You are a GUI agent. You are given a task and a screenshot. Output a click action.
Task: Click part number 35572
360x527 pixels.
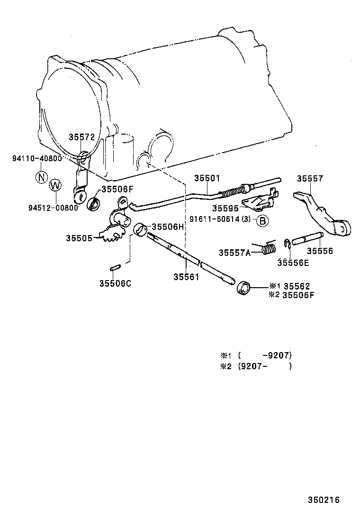82,137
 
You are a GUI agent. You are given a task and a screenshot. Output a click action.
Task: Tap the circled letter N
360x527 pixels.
42,177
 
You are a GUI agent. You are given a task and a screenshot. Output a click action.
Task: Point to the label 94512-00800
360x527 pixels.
53,208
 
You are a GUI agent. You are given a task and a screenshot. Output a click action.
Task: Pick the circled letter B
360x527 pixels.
262,220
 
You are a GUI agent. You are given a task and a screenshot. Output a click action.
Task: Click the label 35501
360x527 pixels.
207,178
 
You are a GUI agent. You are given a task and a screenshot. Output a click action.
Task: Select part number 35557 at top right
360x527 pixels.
310,179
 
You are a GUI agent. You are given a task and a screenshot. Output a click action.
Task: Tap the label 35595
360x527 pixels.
225,209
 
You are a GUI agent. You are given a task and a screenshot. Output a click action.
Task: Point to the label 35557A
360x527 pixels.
235,253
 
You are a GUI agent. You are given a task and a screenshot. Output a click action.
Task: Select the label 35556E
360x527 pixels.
293,263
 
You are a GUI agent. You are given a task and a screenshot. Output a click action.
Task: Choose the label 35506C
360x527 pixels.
115,283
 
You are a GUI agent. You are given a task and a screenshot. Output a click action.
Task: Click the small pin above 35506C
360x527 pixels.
115,269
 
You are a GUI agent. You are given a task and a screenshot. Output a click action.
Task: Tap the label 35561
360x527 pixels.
186,277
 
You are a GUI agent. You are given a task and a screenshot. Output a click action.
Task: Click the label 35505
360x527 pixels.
79,238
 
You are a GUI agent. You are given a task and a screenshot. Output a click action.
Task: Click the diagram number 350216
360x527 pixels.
324,500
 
